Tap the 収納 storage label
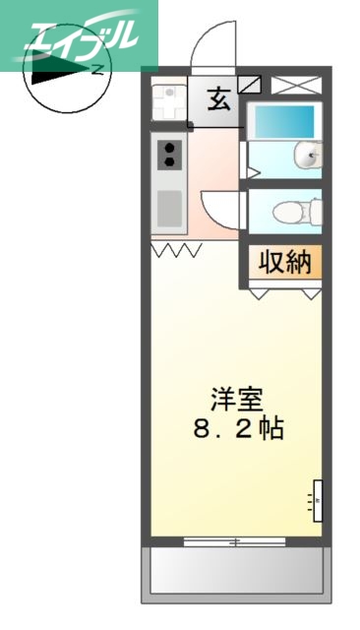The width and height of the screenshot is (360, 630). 285,263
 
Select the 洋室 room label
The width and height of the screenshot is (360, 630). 237,401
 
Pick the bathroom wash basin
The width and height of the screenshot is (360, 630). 312,154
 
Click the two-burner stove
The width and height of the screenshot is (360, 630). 170,154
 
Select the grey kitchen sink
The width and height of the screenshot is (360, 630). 170,208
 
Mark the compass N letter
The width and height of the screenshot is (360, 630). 97,68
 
